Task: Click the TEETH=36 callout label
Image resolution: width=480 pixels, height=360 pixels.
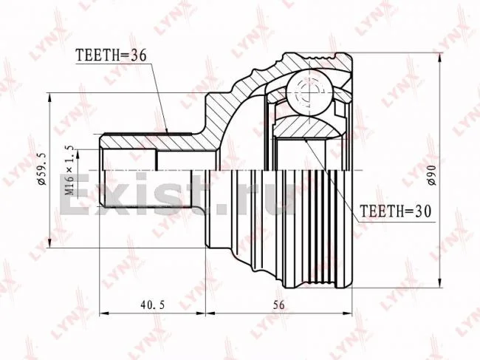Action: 111,55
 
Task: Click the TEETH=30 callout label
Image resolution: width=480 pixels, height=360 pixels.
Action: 396,211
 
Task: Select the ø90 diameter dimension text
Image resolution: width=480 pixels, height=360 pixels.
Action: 432,174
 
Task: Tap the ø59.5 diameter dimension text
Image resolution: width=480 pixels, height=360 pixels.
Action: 42,169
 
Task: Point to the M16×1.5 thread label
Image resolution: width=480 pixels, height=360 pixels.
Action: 70,171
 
